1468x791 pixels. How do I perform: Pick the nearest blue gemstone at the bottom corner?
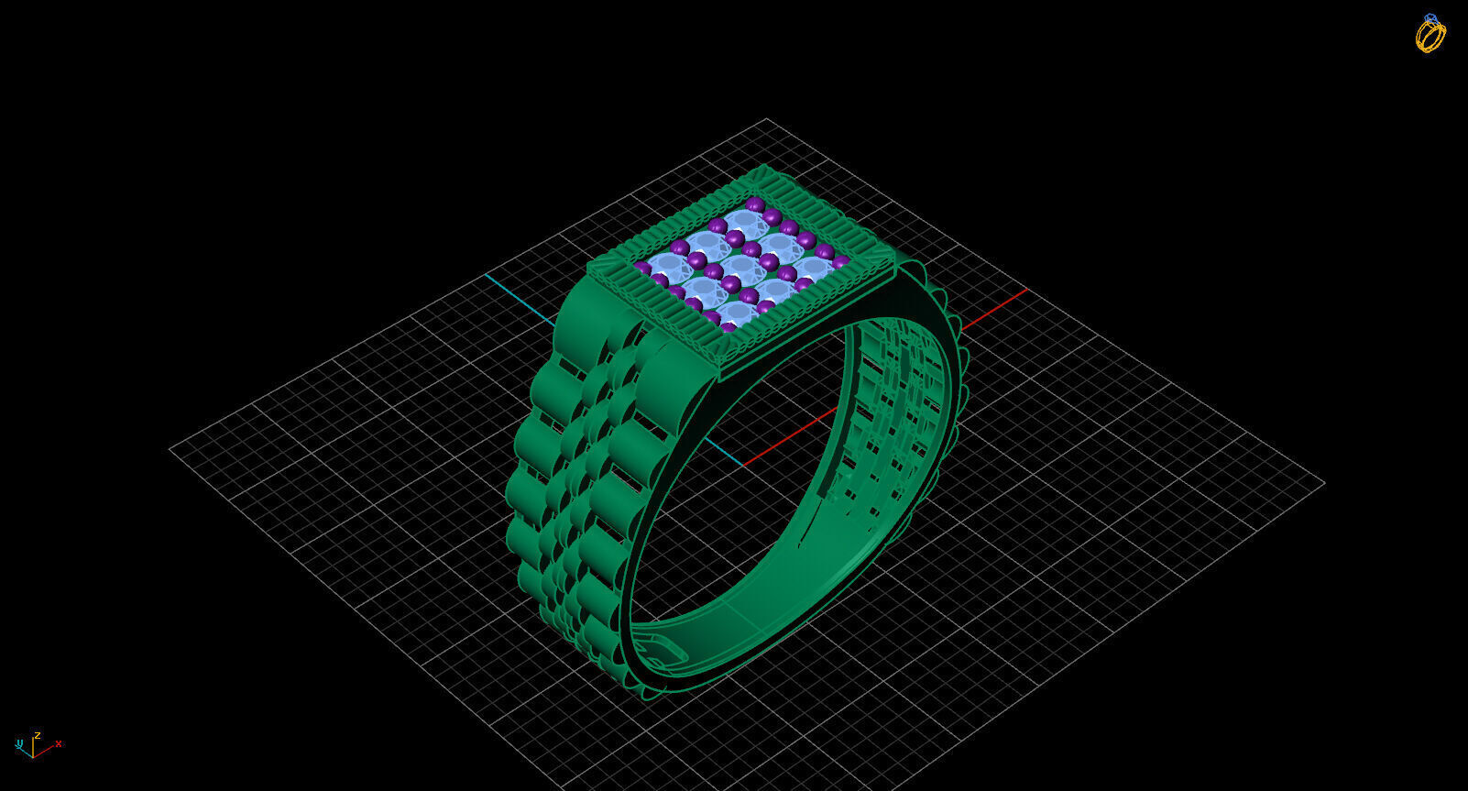click(739, 314)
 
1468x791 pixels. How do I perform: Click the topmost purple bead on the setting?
click(754, 203)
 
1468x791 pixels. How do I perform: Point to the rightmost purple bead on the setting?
click(840, 263)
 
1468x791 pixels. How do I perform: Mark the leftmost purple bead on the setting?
click(642, 268)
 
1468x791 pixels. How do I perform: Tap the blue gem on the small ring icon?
click(1430, 18)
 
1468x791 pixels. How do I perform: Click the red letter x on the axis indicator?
click(59, 743)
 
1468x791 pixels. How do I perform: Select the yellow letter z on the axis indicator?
click(38, 735)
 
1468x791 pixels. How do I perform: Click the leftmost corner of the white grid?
click(171, 449)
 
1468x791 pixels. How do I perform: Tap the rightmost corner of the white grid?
click(1324, 482)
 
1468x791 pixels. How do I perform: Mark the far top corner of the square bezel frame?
click(767, 167)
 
